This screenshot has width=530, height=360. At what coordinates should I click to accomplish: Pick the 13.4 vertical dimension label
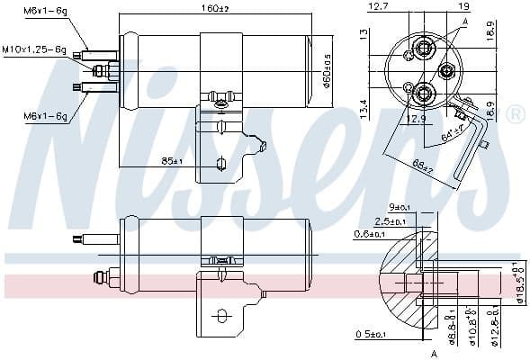click(362, 108)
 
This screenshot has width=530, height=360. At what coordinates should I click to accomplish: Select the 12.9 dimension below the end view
click(416, 119)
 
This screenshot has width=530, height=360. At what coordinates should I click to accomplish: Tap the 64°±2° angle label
click(452, 135)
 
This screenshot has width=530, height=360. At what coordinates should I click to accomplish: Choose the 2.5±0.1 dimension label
click(391, 220)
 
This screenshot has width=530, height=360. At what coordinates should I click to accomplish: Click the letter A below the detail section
click(434, 353)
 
